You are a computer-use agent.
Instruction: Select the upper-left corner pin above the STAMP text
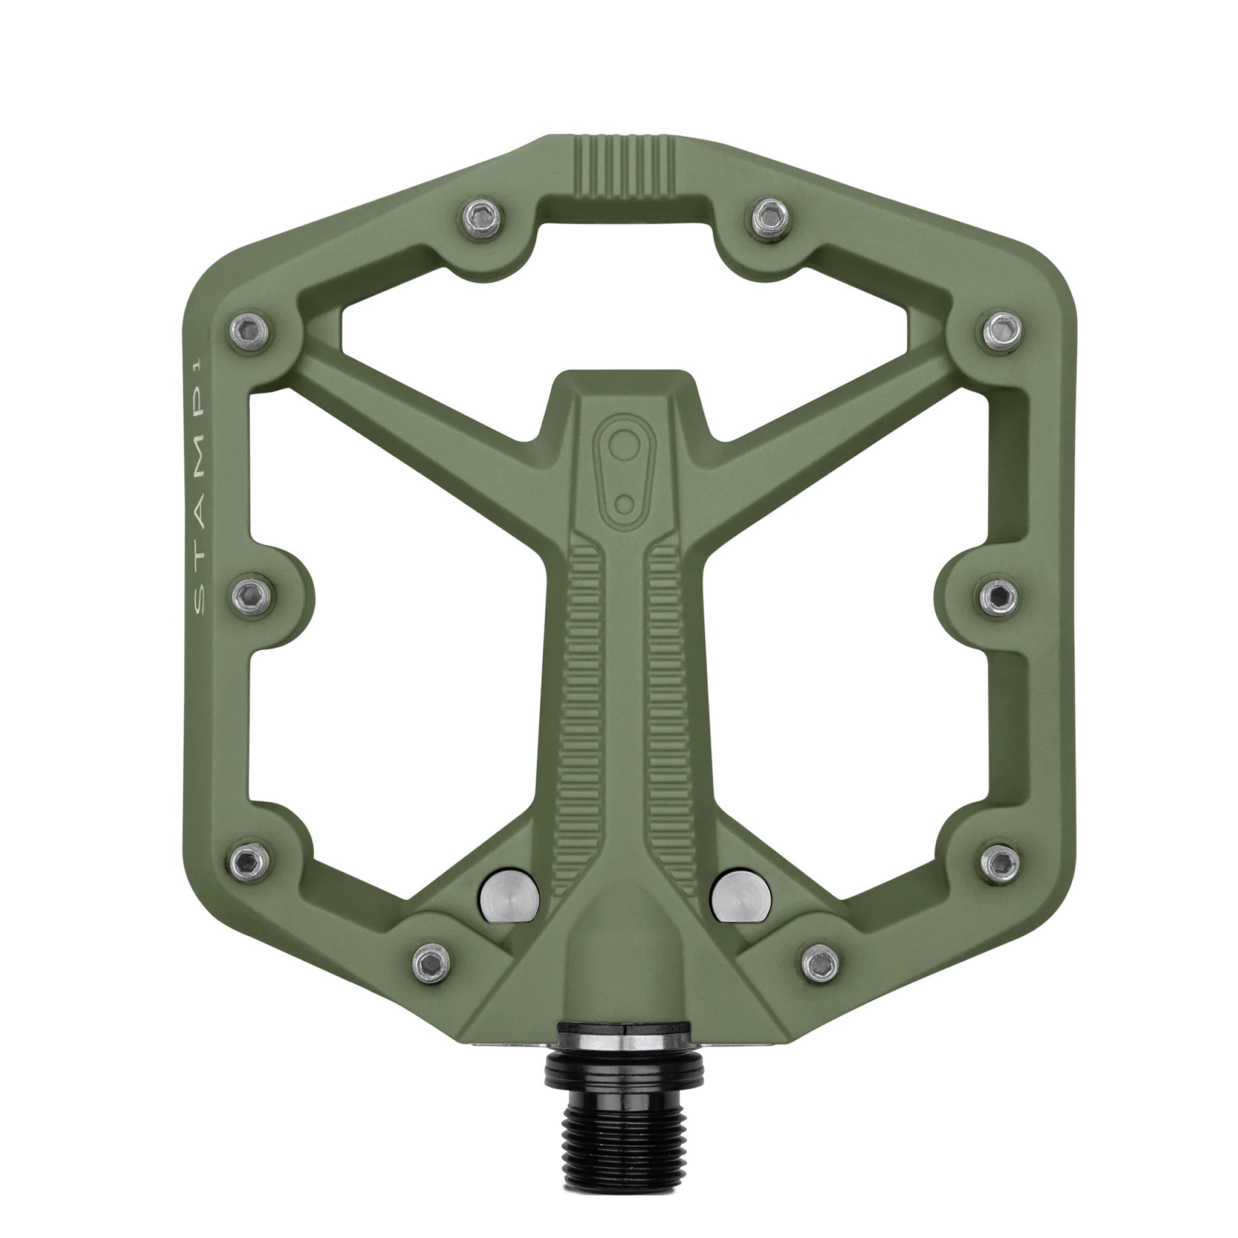click(x=250, y=331)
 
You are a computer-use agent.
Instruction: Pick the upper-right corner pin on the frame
click(x=1002, y=331)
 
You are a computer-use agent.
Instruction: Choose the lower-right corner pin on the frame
click(x=1000, y=863)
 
